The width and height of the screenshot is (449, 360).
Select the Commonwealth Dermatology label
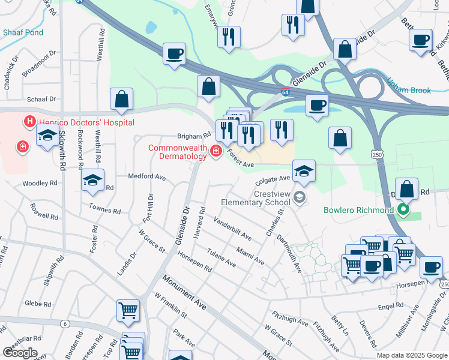(178, 152)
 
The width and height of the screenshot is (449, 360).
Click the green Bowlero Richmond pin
(403, 210)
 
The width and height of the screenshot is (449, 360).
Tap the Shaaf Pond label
(22, 32)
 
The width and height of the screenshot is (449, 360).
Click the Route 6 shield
(64, 324)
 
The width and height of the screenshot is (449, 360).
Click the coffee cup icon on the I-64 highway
(174, 53)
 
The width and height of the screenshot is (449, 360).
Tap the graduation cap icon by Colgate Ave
(304, 171)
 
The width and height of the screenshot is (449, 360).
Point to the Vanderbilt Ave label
(232, 230)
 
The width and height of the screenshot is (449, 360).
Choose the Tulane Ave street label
(221, 257)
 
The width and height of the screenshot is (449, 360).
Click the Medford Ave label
(146, 177)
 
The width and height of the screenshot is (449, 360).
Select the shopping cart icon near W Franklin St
(128, 311)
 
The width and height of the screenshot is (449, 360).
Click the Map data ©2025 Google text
(411, 355)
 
